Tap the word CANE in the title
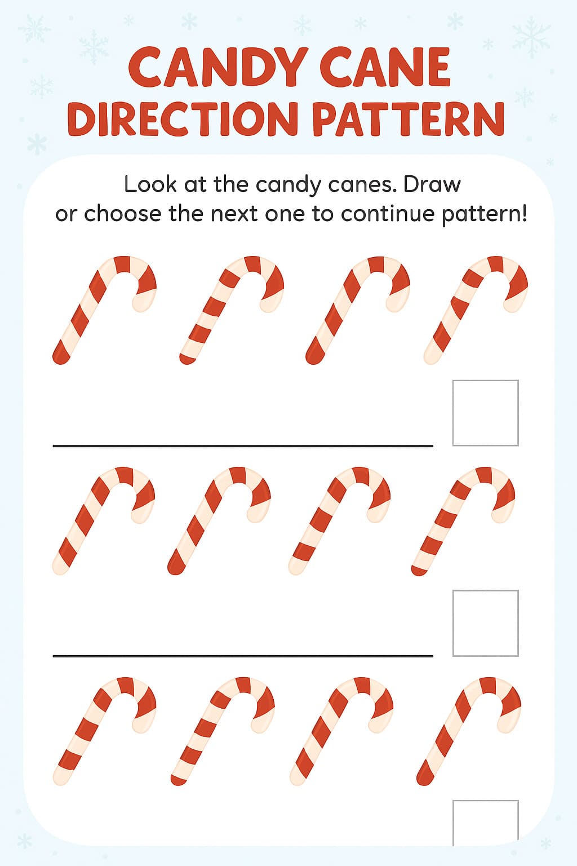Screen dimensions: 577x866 click(387, 68)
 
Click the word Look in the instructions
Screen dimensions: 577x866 click(150, 184)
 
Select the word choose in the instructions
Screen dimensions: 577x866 click(123, 214)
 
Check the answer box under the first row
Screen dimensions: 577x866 click(485, 413)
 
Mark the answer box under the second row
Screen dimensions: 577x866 click(485, 623)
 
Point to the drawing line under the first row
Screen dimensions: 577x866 click(243, 446)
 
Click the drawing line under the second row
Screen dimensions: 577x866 click(243, 656)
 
